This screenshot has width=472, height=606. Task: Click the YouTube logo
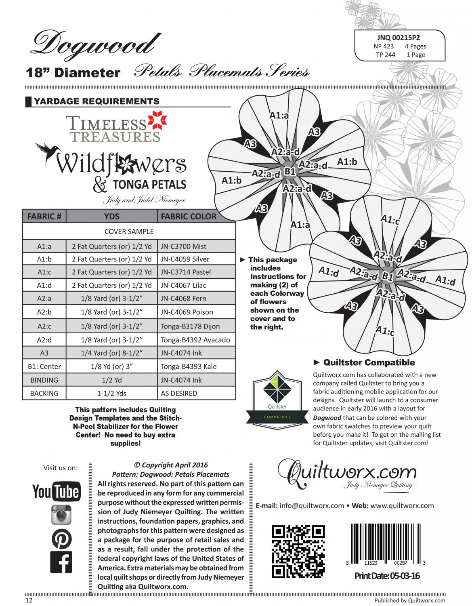[56, 491]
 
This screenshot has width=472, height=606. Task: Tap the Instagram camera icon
[61, 515]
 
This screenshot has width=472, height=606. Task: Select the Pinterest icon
[61, 539]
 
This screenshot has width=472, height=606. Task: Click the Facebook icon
[61, 562]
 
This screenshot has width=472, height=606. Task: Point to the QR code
[298, 551]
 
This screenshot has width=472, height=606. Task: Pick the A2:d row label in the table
[44, 340]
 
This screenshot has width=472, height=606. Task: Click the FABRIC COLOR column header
[189, 217]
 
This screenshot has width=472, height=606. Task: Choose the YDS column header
[111, 217]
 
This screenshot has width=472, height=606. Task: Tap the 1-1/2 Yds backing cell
[111, 393]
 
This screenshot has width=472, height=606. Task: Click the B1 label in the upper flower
[290, 171]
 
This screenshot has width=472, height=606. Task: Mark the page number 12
[29, 600]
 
